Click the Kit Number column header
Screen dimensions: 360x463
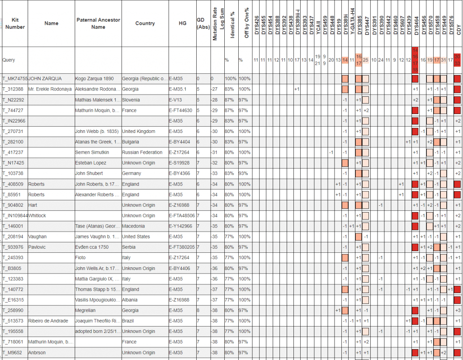[15, 24]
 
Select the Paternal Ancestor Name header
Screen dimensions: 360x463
[98, 24]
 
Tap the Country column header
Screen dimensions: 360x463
[145, 24]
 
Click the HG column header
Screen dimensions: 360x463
[182, 24]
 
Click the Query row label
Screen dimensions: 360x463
[9, 60]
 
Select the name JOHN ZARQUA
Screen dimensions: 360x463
[45, 79]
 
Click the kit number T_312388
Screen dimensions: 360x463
[13, 89]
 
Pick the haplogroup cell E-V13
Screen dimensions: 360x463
[177, 99]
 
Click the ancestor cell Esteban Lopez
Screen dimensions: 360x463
[90, 163]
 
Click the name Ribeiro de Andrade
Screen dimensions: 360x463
[48, 321]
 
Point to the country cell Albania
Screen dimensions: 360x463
[131, 299]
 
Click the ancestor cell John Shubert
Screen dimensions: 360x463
[89, 173]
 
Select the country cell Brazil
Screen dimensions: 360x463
[129, 321]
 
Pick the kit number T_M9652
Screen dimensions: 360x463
[12, 352]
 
